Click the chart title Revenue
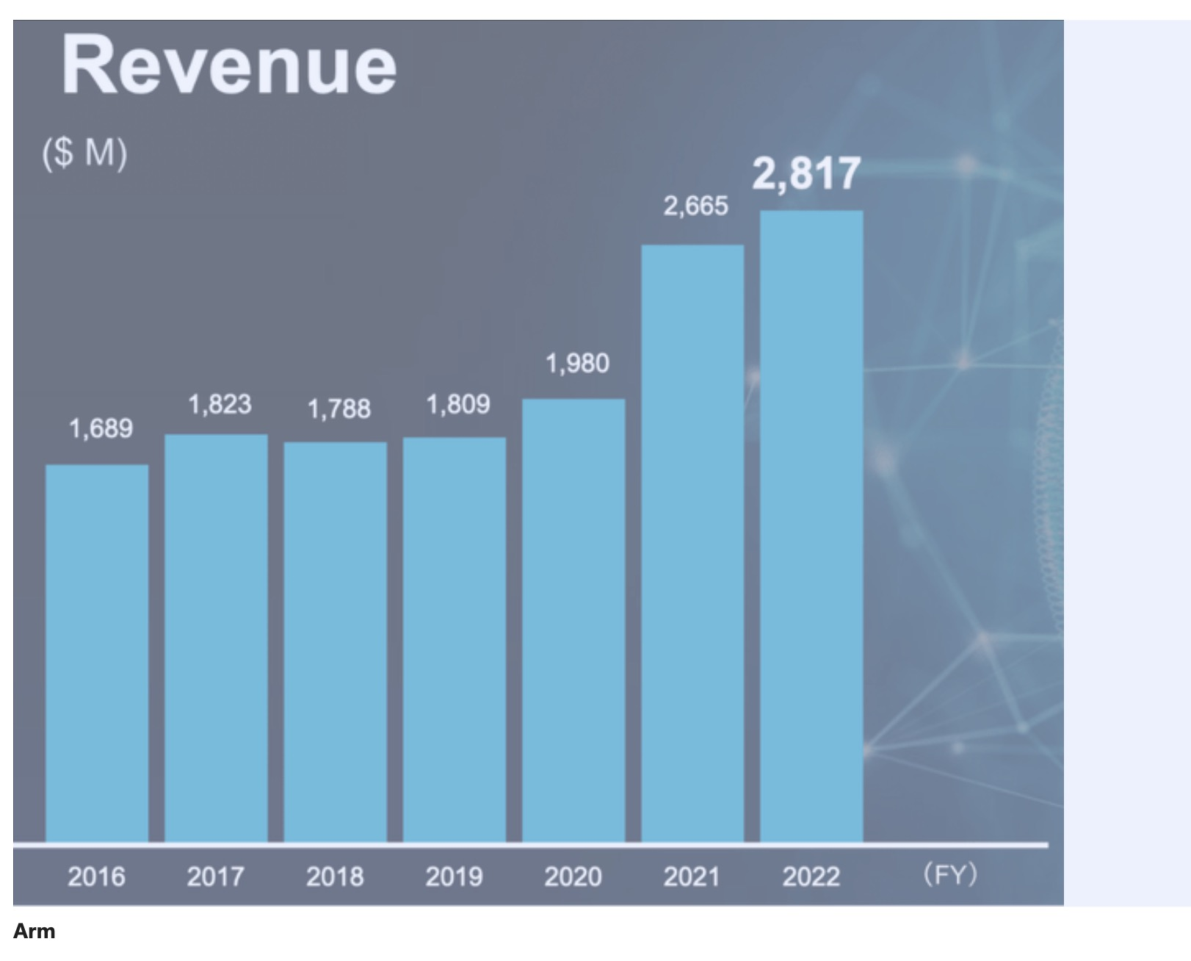click(x=229, y=65)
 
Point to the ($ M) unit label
click(x=84, y=154)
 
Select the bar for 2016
click(x=97, y=654)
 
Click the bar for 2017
click(x=217, y=638)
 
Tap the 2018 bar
click(x=336, y=643)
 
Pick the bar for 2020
click(x=574, y=621)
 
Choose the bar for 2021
click(x=693, y=544)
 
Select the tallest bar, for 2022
click(x=811, y=527)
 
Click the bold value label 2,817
click(x=806, y=174)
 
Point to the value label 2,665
click(x=695, y=206)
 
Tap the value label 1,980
click(x=577, y=364)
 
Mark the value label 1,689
click(x=101, y=429)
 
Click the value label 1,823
click(x=220, y=404)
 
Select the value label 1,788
click(x=339, y=409)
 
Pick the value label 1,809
click(x=458, y=404)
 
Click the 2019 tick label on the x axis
click(x=455, y=877)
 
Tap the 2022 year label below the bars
click(x=811, y=877)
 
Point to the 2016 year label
click(x=97, y=877)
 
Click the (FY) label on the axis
click(x=950, y=874)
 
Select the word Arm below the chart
click(x=35, y=931)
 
